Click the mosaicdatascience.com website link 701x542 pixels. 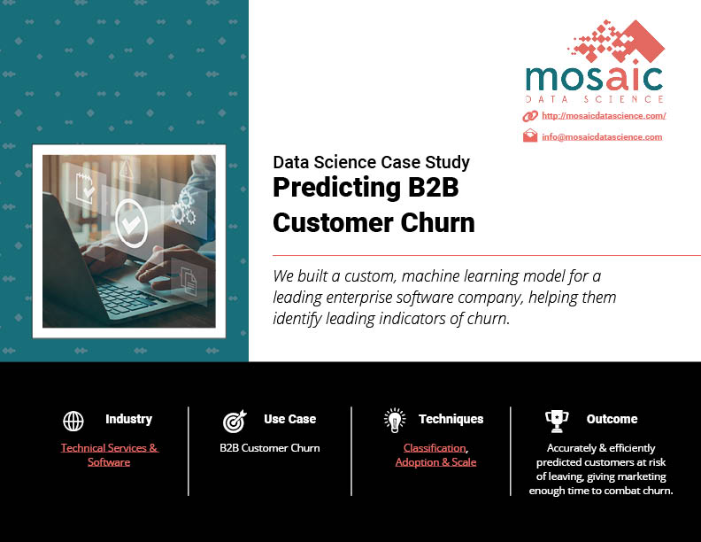coord(604,116)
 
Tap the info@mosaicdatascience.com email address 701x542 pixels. coord(602,137)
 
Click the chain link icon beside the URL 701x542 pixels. coord(530,116)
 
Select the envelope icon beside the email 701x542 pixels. coord(530,135)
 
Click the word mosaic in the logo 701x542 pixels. coord(594,79)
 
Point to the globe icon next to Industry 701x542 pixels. coord(73,421)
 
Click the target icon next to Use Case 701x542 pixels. coord(235,422)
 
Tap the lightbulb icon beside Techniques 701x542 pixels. coord(395,421)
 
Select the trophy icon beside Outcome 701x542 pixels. coord(557,422)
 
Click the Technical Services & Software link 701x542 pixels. coord(109,455)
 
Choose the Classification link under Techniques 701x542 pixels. coord(435,447)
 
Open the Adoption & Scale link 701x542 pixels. coord(435,462)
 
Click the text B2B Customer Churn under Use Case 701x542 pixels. coord(270,447)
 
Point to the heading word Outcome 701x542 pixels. coord(612,419)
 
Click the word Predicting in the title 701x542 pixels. coord(336,189)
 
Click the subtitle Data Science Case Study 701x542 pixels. coord(371,162)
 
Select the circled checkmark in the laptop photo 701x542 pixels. coord(131,223)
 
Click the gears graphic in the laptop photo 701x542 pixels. coord(184,207)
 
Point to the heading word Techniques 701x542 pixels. coord(451,419)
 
